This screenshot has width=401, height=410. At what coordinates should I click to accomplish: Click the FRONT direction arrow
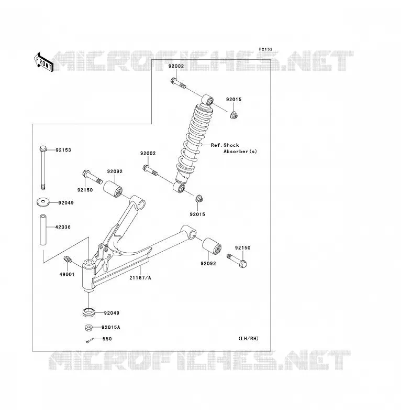tap(44, 62)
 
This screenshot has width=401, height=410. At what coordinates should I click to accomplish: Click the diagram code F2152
tap(265, 49)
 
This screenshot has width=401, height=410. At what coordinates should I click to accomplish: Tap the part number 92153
tap(63, 150)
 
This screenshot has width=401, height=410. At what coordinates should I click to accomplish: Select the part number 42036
tap(63, 227)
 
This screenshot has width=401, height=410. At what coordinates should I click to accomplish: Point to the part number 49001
tap(67, 274)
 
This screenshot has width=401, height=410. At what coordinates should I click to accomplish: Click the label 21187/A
tap(140, 278)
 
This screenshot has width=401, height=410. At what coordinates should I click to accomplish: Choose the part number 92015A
tap(111, 327)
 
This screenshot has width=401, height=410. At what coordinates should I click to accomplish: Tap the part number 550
tap(107, 339)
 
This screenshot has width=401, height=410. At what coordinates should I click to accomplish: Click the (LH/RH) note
tap(249, 338)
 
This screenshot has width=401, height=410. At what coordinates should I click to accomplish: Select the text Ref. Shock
tap(225, 145)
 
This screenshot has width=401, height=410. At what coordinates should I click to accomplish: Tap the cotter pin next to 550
tap(90, 340)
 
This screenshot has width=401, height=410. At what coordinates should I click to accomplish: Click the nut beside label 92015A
tap(89, 328)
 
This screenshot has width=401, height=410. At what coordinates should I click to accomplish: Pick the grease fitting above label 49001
tap(68, 260)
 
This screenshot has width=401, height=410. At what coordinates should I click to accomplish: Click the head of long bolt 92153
tap(43, 149)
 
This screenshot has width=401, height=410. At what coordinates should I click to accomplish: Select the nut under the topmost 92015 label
tap(233, 115)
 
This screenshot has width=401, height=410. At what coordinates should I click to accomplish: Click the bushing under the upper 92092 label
tap(113, 189)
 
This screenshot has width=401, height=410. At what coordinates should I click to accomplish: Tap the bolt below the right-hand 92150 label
tap(237, 261)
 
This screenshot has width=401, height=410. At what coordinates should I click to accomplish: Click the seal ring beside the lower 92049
tap(89, 312)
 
